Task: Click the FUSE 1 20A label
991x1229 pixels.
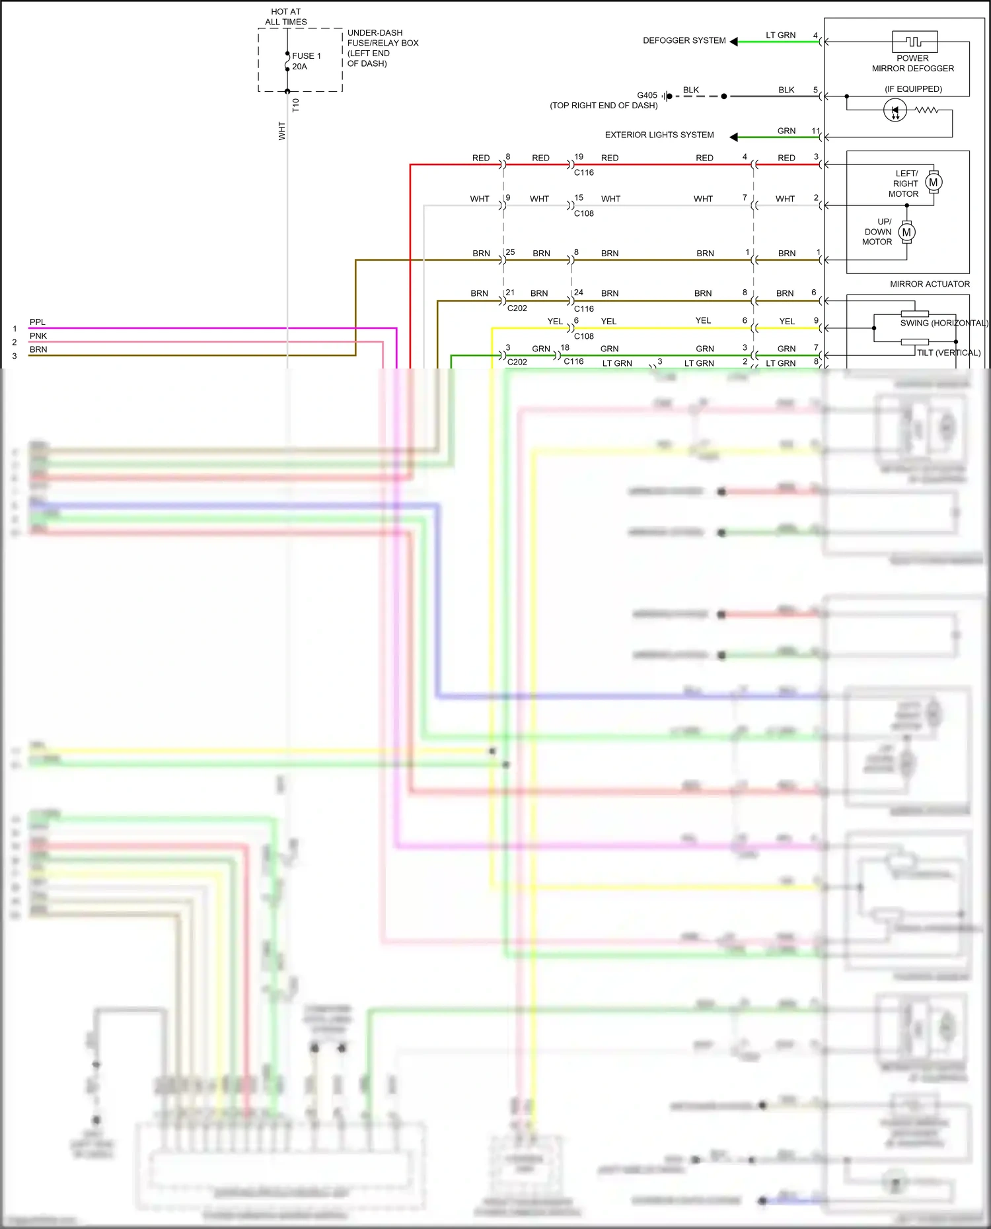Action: point(306,61)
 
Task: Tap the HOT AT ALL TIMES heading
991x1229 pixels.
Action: point(286,17)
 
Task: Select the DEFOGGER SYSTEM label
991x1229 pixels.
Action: point(684,40)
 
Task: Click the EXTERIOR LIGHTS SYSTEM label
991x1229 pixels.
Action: point(659,135)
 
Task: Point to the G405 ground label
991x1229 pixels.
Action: point(647,95)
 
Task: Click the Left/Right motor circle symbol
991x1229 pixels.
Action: point(934,182)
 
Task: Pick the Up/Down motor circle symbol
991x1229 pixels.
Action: point(906,232)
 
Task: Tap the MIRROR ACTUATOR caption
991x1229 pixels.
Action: point(930,284)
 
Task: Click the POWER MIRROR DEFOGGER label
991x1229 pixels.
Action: point(912,63)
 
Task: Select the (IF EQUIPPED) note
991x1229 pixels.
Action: point(913,89)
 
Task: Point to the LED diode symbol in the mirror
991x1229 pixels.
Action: point(895,110)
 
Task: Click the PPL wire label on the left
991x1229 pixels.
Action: point(38,322)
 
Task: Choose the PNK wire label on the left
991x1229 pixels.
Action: point(38,336)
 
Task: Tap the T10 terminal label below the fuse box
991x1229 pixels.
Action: point(295,105)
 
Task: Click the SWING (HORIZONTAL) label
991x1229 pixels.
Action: point(944,323)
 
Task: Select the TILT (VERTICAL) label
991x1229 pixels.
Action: point(948,353)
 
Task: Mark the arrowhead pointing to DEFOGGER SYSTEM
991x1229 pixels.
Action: point(733,42)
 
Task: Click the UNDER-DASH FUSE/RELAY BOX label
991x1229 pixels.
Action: point(383,48)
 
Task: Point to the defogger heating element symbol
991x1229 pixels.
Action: point(914,42)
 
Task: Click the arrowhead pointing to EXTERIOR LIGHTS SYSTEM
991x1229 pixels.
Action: point(733,137)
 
